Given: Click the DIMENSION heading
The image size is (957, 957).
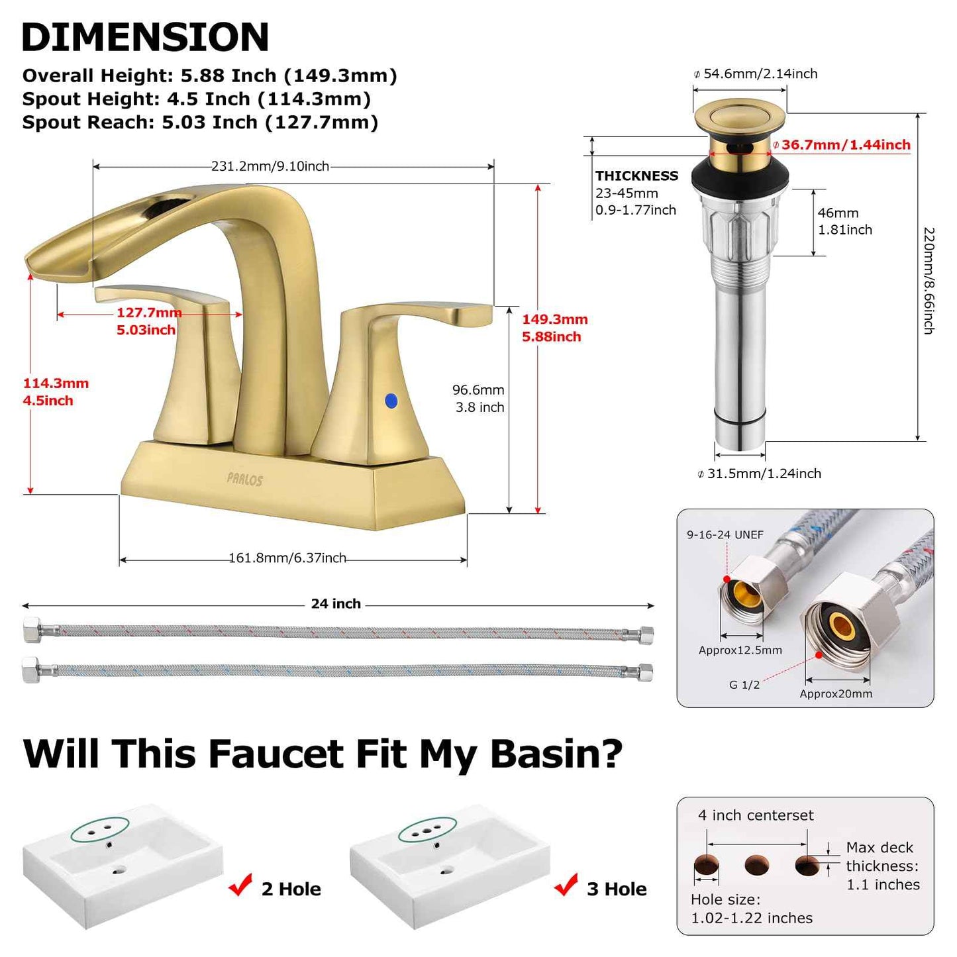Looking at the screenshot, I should tap(145, 37).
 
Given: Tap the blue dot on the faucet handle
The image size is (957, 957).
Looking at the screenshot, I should tap(391, 401).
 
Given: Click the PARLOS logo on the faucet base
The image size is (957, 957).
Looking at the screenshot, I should tap(245, 479).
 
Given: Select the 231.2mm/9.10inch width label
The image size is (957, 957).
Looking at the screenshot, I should tap(270, 166).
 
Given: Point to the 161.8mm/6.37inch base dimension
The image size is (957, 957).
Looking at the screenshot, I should tap(287, 558).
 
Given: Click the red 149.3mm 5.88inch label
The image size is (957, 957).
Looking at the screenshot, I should tap(554, 328).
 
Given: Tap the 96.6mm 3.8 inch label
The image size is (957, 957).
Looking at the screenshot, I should tap(479, 399).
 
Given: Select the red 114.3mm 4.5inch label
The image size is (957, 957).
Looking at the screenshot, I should tap(56, 392).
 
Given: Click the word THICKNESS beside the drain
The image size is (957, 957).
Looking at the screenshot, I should tap(636, 176).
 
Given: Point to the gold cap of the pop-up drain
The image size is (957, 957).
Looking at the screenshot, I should tap(740, 116).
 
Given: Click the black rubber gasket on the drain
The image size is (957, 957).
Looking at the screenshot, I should tap(740, 176).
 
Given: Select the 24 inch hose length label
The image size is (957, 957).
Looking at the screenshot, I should tap(336, 604).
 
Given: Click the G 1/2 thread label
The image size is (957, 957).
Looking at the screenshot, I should tap(744, 685).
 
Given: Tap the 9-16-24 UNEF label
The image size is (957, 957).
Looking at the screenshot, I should tap(725, 535).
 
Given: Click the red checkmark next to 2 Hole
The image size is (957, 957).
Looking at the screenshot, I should tap(240, 885).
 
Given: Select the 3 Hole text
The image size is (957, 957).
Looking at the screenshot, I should tap(617, 889).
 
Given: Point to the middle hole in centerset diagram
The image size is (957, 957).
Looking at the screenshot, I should tap(757, 865).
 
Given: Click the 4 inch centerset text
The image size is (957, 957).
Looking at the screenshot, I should tap(756, 816).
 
